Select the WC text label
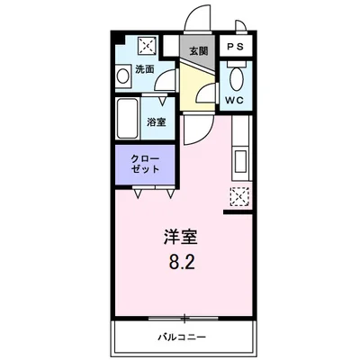235,99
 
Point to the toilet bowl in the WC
236,76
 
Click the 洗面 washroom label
144,68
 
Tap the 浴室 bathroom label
157,121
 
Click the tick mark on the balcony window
184,318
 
